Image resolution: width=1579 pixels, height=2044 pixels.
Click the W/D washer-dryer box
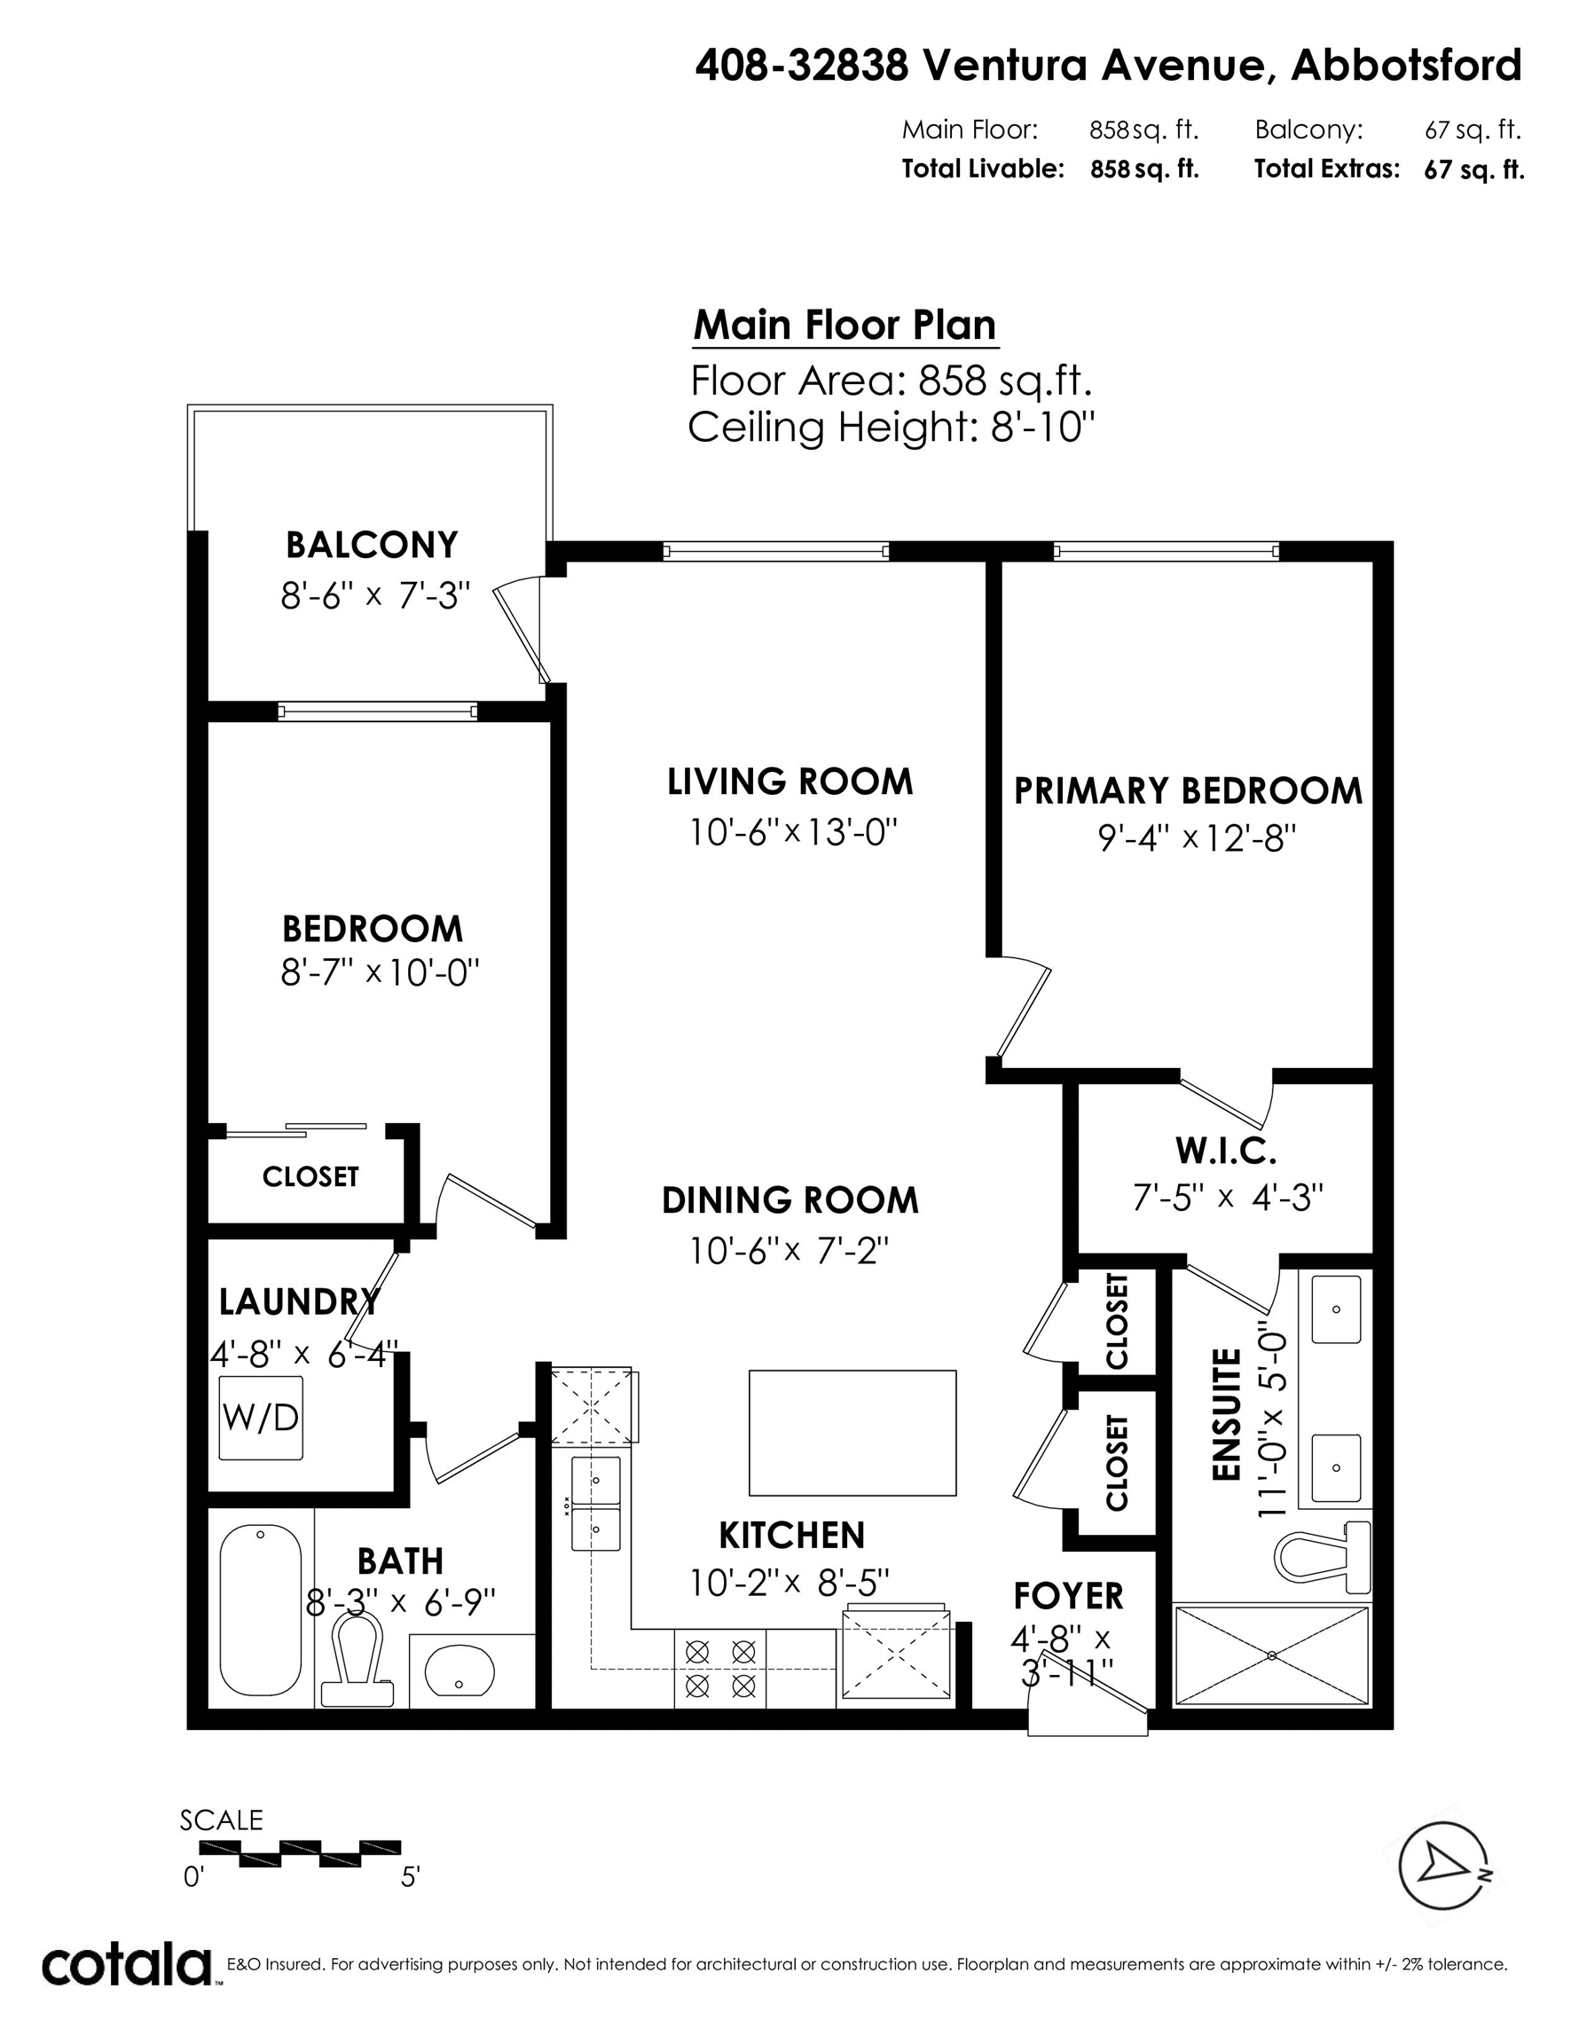coord(261,1418)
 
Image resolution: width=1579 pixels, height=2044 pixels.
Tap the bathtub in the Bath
coord(260,1608)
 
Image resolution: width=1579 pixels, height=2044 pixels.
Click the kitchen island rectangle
coord(852,1432)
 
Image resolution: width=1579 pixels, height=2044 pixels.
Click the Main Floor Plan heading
coord(844,325)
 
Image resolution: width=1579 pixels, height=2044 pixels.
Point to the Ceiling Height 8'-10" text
coord(891,427)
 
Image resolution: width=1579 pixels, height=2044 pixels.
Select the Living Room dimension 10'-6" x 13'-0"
coord(793,831)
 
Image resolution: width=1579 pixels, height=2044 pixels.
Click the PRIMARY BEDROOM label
coord(1188,790)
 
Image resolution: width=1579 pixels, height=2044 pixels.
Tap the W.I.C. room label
coord(1225,1152)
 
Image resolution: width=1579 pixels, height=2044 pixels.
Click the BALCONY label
coord(372,545)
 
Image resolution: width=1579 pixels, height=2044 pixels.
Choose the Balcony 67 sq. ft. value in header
coord(1473,130)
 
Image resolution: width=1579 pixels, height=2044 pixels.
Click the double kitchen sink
coord(596,1502)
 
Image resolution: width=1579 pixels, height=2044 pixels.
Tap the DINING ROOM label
coord(790,1200)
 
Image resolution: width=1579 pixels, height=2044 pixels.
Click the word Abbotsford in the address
coord(1406,66)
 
